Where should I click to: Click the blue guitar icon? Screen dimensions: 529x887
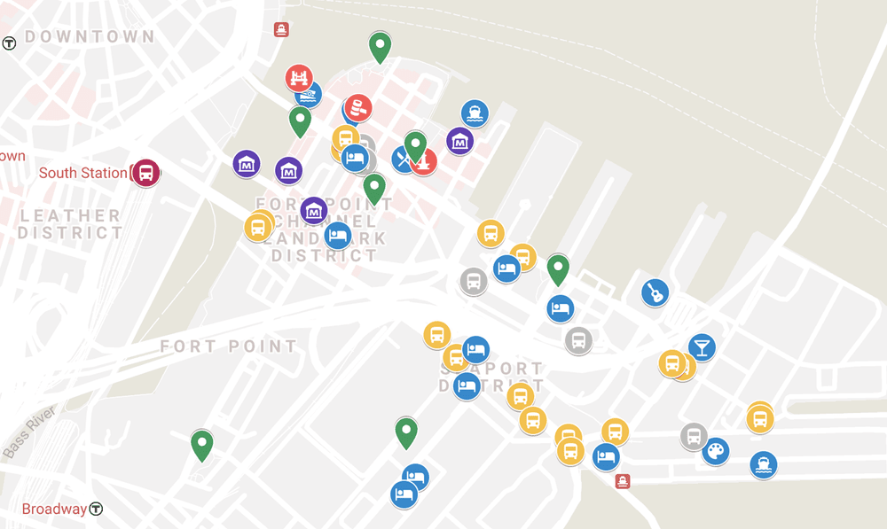click(655, 292)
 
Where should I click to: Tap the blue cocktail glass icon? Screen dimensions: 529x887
click(702, 346)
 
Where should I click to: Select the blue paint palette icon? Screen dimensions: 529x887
click(716, 452)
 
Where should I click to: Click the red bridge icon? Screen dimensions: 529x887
click(299, 78)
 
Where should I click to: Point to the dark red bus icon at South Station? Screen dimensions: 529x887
click(145, 173)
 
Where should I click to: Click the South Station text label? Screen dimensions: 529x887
click(82, 173)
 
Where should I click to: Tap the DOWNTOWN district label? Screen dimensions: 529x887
click(90, 37)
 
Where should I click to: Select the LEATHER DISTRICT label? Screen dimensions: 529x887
click(70, 224)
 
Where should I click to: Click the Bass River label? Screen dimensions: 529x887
click(30, 432)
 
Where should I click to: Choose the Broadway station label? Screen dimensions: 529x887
click(54, 510)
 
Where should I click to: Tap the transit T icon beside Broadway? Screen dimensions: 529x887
click(96, 510)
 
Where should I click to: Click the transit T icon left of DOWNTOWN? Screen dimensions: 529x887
click(10, 43)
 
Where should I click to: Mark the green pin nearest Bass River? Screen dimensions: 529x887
click(202, 443)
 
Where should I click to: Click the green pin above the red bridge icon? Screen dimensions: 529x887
click(380, 45)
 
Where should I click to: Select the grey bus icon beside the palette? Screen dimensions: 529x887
click(694, 436)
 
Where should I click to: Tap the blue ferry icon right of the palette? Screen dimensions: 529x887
click(763, 464)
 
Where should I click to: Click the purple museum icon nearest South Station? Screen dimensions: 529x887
click(247, 164)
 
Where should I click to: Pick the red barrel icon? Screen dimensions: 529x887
click(358, 108)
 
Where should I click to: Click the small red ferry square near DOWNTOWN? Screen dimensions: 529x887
click(281, 29)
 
